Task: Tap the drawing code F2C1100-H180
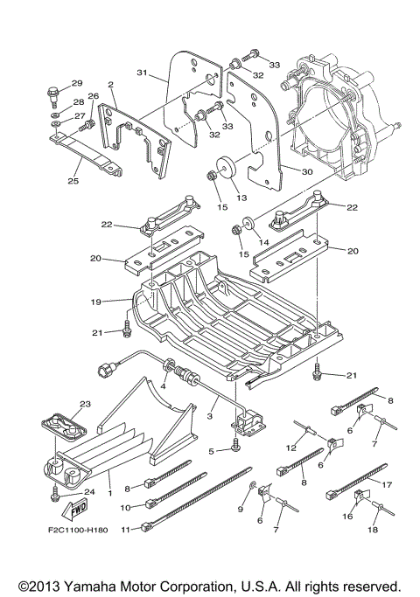tap(78, 530)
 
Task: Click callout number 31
tap(142, 73)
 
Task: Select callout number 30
tap(307, 171)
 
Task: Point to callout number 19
tap(96, 302)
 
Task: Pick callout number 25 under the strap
tap(73, 180)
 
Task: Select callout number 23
tap(85, 404)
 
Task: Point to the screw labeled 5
tap(236, 445)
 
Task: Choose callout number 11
tap(126, 529)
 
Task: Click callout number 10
tap(126, 508)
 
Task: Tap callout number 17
tap(388, 485)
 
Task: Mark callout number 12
tap(291, 448)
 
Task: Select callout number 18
tap(373, 529)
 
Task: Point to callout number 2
tap(111, 85)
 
